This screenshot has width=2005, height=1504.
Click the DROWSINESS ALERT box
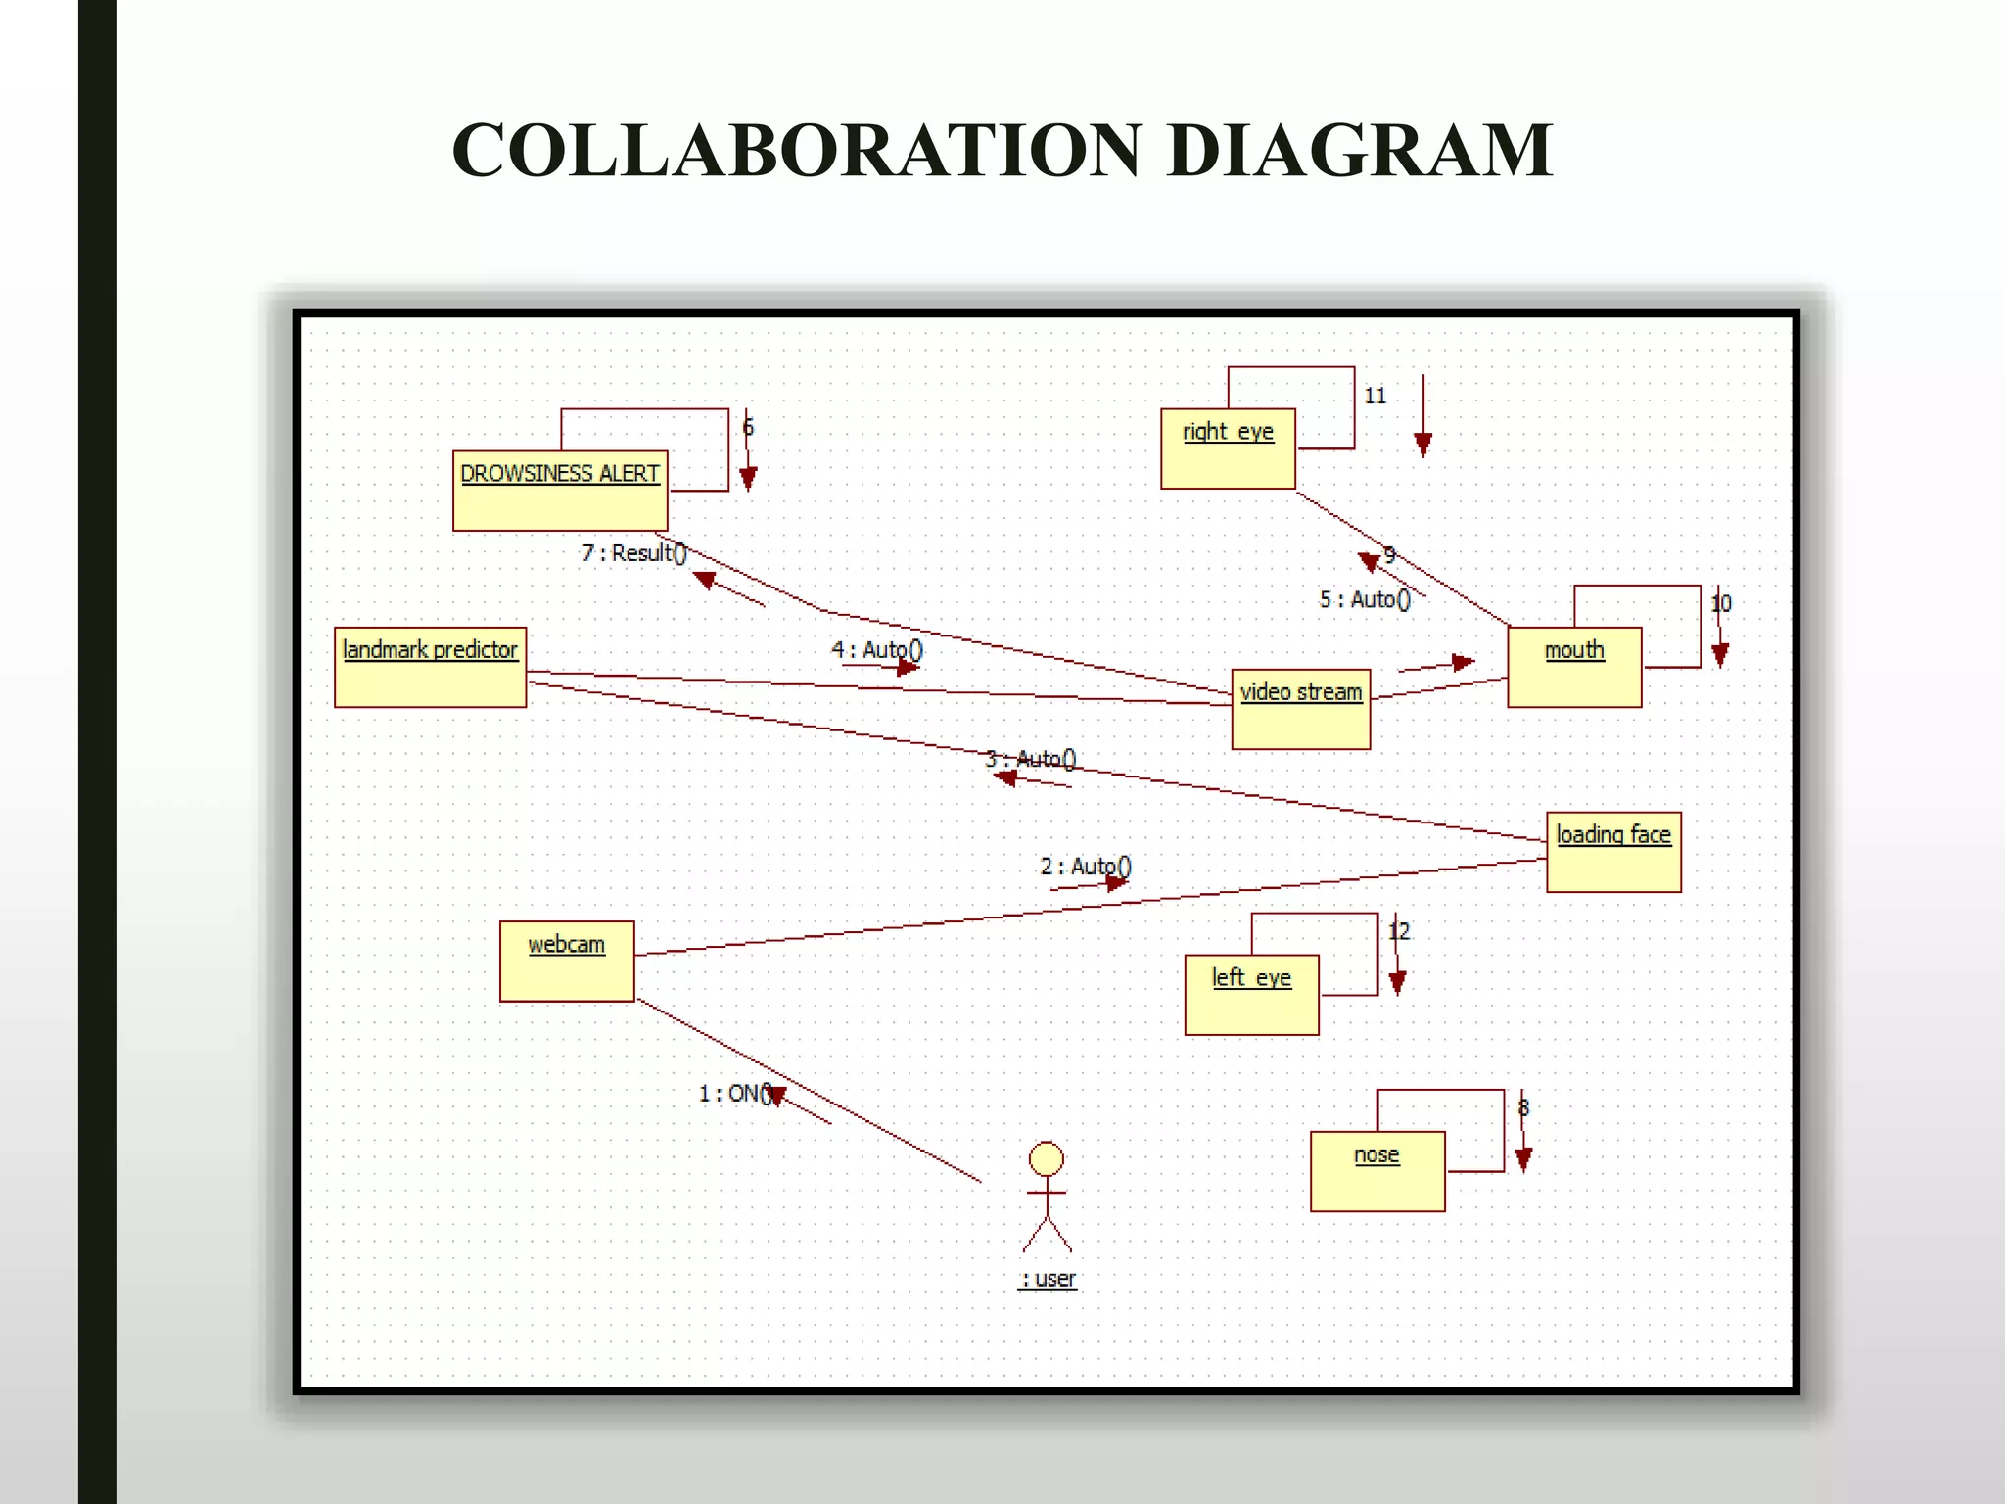pos(560,491)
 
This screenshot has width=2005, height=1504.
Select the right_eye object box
pos(1228,448)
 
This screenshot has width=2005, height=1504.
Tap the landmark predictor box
pos(430,667)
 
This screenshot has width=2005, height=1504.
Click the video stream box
pos(1300,709)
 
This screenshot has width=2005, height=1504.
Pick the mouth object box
pos(1574,667)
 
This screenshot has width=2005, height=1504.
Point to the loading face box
pos(1613,851)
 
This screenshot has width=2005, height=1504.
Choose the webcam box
pos(567,961)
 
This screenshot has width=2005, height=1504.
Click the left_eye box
pos(1251,994)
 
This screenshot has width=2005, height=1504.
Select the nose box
pos(1377,1171)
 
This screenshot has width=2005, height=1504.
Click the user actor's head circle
pos(1047,1158)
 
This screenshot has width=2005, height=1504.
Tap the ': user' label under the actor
pos(1048,1279)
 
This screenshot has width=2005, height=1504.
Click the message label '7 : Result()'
pos(634,553)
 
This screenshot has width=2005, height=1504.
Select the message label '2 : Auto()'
pos(1086,867)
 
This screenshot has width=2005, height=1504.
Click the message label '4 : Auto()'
pos(877,650)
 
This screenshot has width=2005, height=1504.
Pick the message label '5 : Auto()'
pos(1365,599)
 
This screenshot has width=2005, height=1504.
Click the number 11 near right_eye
pos(1376,396)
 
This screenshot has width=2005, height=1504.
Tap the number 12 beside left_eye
pos(1400,931)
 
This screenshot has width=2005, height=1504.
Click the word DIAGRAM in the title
pos(1360,151)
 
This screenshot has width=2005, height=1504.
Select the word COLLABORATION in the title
pos(796,151)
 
